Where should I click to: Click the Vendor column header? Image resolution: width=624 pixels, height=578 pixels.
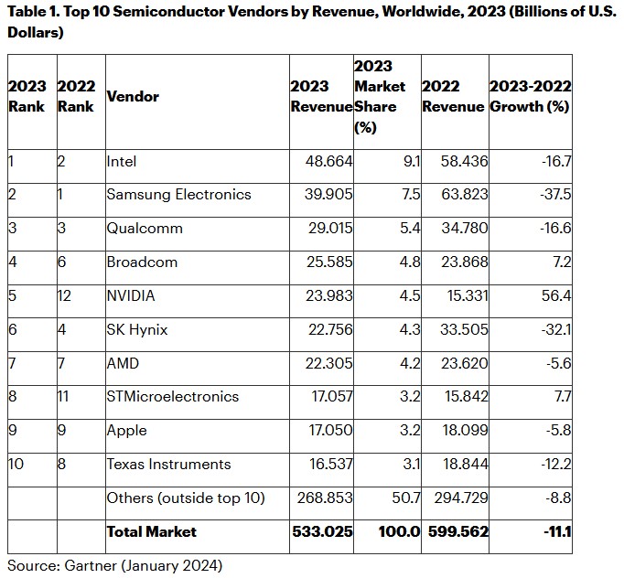coord(133,96)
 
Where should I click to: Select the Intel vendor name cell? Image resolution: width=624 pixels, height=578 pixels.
coord(122,162)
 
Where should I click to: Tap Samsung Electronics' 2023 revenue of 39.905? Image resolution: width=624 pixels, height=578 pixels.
coord(328,194)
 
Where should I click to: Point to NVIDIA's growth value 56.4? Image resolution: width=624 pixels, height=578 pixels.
coord(556,295)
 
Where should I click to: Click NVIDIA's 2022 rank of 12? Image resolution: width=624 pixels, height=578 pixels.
coord(64,295)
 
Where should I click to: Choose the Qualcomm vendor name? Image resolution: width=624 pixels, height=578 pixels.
coord(145,229)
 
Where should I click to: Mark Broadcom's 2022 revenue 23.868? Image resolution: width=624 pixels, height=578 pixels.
coord(465,262)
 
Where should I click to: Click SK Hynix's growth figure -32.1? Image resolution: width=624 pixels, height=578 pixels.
coord(556,329)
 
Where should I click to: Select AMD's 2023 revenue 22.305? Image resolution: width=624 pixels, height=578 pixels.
coord(328,363)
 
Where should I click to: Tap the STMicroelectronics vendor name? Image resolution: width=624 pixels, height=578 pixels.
coord(173,397)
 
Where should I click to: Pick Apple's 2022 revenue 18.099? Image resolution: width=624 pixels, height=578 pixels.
coord(466,431)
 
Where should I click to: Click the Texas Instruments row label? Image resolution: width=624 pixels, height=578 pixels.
coord(168,465)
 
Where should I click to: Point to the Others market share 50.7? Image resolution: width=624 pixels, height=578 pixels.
coord(406,498)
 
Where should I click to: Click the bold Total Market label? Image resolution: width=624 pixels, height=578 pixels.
coord(152,532)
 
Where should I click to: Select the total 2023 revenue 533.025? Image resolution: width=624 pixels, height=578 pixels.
coord(322,532)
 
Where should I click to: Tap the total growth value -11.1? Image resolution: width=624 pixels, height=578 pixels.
coord(557,532)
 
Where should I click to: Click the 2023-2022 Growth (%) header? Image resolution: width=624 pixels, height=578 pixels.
coord(531,96)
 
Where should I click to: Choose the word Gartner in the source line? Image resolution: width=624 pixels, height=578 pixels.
coord(91,566)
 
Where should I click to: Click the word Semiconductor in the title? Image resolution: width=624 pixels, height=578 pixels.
coord(199,12)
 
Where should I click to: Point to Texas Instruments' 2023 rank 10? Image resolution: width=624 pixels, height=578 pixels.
coord(16,465)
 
